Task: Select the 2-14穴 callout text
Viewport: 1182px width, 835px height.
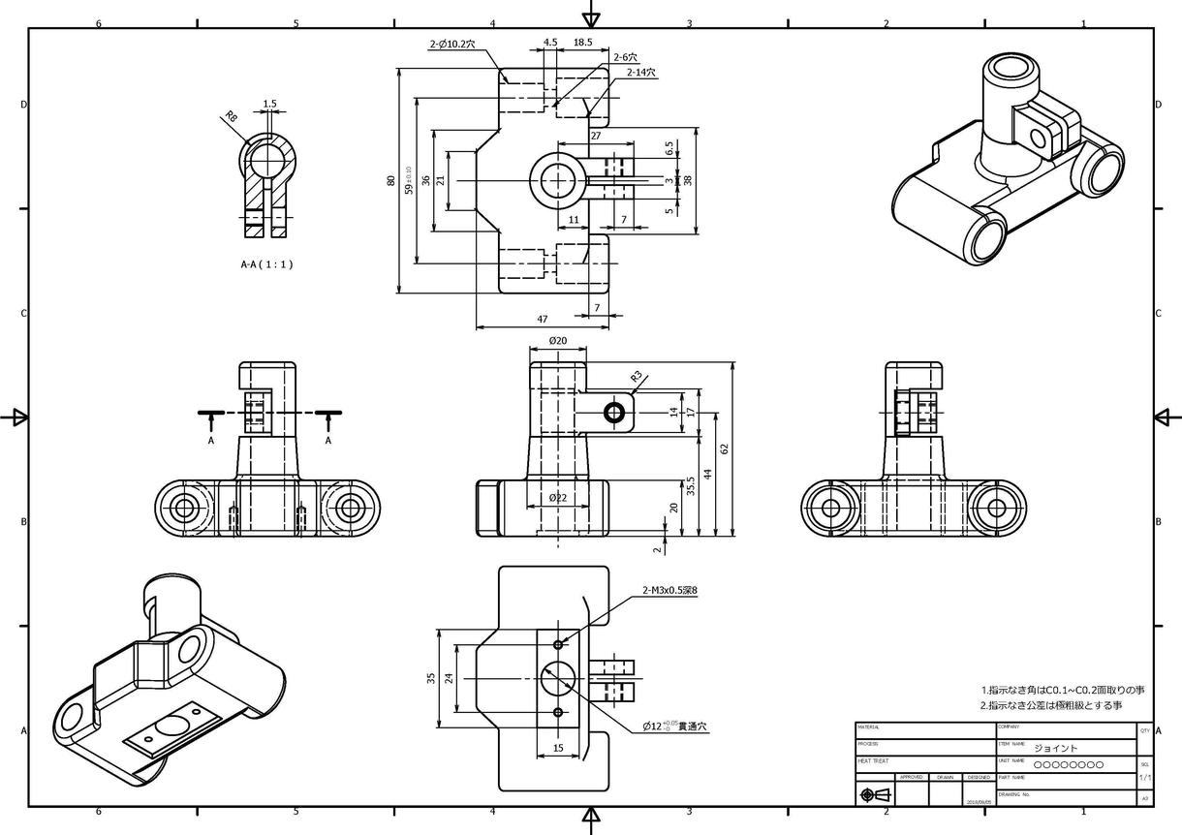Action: (640, 73)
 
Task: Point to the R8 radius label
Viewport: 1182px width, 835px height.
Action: (231, 117)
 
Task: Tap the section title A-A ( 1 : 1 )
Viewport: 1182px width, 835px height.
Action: (266, 263)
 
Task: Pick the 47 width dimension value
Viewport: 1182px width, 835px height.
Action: (543, 319)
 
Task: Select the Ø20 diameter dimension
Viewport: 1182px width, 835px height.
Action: (557, 341)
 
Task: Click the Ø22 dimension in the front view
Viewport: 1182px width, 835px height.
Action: (557, 497)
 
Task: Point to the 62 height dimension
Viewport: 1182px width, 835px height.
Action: (724, 448)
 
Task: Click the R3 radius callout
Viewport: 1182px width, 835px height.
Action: (637, 376)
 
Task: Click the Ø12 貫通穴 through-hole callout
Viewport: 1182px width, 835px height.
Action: (675, 726)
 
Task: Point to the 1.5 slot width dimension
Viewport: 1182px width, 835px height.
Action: (269, 104)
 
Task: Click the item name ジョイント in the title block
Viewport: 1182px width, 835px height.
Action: (1055, 748)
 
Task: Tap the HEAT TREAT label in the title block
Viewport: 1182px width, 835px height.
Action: (873, 761)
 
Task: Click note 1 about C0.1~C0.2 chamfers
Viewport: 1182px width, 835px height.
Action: (1062, 690)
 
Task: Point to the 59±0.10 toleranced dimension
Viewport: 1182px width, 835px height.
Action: (409, 180)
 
